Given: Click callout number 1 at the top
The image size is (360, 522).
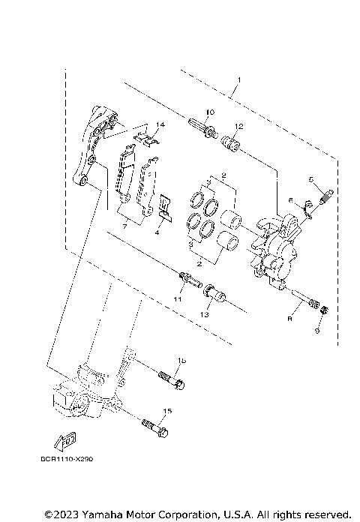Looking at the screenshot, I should pos(239,79).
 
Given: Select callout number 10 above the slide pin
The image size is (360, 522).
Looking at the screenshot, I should pos(210,112).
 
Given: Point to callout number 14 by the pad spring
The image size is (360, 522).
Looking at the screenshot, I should pos(160,124).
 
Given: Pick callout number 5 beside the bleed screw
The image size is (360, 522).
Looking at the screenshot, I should pos(310,179).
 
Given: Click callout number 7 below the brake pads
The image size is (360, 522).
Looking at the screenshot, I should pos(126,225).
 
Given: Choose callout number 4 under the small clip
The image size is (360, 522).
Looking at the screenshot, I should pos(157,232).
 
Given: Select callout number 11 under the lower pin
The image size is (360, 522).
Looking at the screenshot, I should pos(178,299).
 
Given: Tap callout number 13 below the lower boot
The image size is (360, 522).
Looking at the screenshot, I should pos(205,315).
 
